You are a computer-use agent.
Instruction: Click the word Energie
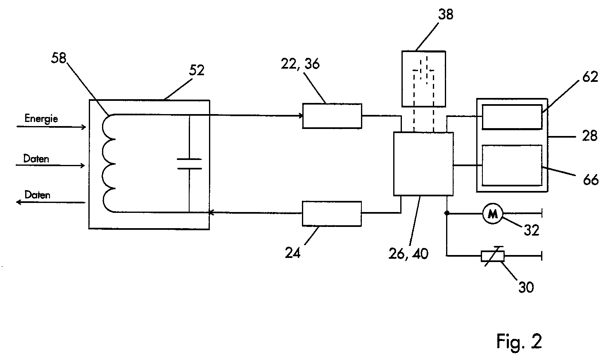41,119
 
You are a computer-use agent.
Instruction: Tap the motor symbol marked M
493,214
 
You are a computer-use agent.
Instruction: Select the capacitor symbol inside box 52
189,164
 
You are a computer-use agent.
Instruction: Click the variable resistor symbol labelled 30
493,256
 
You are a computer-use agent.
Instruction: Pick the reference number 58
59,58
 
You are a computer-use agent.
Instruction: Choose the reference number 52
197,70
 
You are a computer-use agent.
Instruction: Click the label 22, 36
300,64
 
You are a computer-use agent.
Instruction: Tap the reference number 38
446,14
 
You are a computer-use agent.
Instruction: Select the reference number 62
590,77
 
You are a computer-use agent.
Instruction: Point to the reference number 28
589,136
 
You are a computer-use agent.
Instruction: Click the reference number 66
591,180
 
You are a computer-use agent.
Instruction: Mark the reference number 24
292,253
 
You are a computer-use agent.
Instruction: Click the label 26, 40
408,254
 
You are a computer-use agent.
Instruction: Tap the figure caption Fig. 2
519,341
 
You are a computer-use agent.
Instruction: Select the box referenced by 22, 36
332,116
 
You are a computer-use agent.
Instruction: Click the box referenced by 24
332,214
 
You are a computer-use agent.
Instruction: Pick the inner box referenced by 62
512,117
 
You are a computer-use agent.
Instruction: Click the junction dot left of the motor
446,213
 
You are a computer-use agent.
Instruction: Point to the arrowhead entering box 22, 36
301,116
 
